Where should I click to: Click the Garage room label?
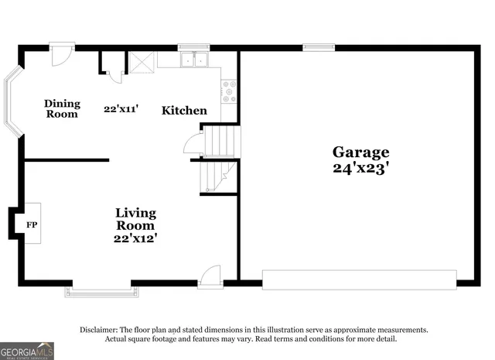pyautogui.click(x=360, y=153)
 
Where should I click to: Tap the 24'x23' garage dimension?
pyautogui.click(x=360, y=166)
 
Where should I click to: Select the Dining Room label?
pyautogui.click(x=62, y=108)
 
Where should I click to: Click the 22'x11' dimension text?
pyautogui.click(x=121, y=109)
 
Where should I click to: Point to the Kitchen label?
pyautogui.click(x=184, y=111)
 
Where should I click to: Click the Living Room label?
pyautogui.click(x=136, y=218)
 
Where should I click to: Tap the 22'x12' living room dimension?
pyautogui.click(x=136, y=238)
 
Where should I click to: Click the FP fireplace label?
pyautogui.click(x=32, y=225)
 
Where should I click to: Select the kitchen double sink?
pyautogui.click(x=193, y=60)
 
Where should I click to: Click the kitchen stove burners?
pyautogui.click(x=229, y=93)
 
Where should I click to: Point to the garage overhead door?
pyautogui.click(x=359, y=279)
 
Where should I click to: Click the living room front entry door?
pyautogui.click(x=210, y=277)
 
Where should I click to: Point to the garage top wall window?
pyautogui.click(x=314, y=47)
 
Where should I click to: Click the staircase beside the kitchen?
pyautogui.click(x=220, y=159)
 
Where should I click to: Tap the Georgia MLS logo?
pyautogui.click(x=27, y=350)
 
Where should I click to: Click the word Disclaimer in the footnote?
pyautogui.click(x=99, y=330)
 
